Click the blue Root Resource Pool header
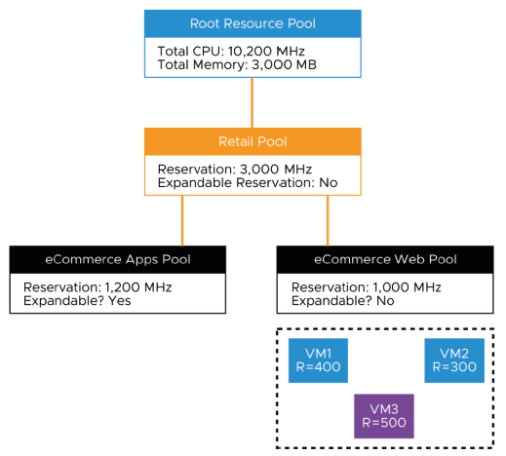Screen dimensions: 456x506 coord(253,23)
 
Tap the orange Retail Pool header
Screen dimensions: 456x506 coord(253,141)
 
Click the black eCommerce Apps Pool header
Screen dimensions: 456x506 coord(118,259)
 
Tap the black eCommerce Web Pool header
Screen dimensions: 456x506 coord(385,259)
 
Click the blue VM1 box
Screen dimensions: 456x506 coord(319,361)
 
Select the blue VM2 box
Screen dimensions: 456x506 coord(454,361)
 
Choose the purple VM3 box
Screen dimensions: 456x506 coord(384,415)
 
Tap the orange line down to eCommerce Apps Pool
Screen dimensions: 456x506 coord(182,219)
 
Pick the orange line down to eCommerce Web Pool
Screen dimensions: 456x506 coord(327,219)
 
